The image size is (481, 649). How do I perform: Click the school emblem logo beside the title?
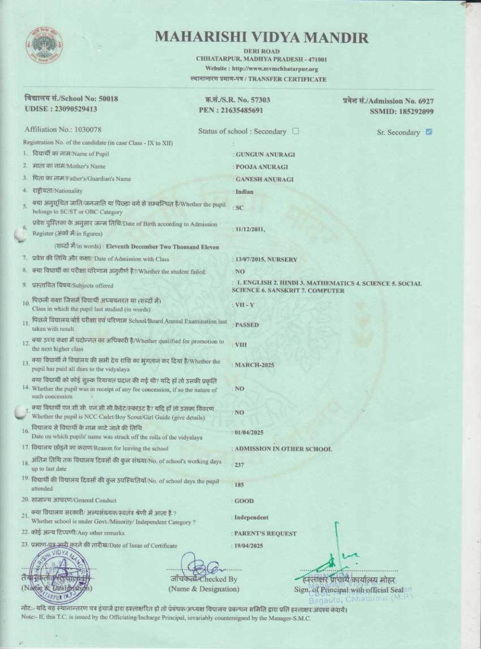click(44, 50)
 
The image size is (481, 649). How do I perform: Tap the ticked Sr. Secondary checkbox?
click(429, 132)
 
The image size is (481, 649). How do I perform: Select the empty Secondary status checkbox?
click(296, 131)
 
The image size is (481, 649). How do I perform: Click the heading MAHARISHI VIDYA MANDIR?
click(262, 37)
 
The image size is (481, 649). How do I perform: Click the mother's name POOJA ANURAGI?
click(262, 167)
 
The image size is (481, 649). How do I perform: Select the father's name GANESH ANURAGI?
click(264, 179)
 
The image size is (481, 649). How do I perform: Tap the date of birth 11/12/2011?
click(250, 229)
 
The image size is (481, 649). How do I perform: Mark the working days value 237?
click(239, 465)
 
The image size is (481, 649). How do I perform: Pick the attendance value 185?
click(239, 485)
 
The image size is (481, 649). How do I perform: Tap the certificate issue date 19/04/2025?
click(249, 546)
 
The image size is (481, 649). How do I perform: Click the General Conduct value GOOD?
click(244, 501)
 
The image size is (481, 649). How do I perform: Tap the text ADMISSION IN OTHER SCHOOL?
click(283, 449)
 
